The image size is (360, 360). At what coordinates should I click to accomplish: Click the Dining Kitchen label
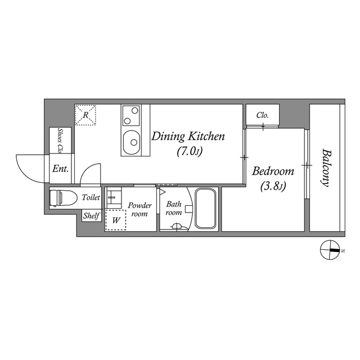188,136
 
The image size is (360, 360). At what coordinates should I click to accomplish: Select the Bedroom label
273,172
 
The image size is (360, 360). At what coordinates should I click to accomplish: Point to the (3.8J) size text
273,186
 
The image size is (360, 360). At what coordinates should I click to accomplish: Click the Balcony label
326,167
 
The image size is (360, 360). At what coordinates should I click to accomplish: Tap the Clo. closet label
262,115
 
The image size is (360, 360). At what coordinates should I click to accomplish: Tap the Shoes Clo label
60,141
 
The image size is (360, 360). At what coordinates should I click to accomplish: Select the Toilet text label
91,197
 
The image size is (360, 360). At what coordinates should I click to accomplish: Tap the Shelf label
91,215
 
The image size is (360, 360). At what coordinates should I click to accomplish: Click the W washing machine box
116,220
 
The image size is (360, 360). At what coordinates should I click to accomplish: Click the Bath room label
173,208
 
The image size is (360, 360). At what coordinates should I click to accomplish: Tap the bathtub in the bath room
206,209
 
